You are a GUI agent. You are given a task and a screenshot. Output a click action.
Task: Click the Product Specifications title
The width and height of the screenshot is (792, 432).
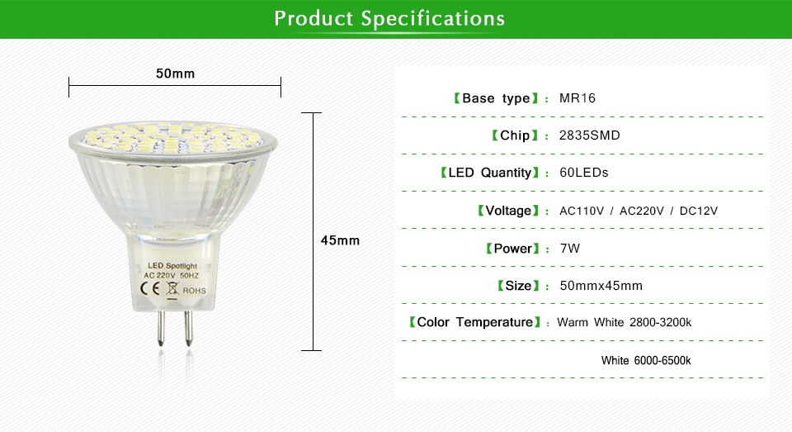point(389,19)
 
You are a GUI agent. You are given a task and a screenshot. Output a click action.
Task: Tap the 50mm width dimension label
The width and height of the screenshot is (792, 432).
point(175,74)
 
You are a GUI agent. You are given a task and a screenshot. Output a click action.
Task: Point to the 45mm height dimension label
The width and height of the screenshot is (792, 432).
point(341,240)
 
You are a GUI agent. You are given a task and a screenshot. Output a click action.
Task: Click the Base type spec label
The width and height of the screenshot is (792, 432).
point(496,98)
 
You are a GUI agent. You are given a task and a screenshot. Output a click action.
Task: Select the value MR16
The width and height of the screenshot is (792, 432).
point(577,98)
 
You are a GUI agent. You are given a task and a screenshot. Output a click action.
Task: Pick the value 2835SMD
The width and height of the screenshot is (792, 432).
point(589,135)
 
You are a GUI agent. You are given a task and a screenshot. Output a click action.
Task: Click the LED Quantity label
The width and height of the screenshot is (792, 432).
point(490,173)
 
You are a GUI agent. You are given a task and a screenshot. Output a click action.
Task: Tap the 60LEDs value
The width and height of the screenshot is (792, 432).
point(584,173)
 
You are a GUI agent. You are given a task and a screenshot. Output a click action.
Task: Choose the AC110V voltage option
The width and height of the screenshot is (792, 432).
point(582,211)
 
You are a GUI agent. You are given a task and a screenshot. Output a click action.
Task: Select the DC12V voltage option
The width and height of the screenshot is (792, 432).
point(699,211)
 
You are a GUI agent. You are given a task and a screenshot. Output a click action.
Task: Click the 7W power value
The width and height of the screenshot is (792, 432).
point(570,249)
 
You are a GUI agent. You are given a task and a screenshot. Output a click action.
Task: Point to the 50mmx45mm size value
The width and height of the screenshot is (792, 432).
point(601,286)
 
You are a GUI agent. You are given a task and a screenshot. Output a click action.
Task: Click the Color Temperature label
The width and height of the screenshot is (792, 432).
point(475,322)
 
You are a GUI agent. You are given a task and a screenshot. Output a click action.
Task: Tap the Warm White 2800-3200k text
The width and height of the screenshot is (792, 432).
point(625,322)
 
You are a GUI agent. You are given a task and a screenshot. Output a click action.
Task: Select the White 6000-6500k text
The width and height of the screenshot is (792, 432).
point(646,361)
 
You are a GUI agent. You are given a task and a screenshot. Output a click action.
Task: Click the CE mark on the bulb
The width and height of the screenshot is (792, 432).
point(150,288)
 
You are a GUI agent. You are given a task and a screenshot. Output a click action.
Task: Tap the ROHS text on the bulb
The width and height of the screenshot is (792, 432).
point(195,291)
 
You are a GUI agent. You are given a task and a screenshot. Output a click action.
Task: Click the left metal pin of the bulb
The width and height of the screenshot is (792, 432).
point(161,328)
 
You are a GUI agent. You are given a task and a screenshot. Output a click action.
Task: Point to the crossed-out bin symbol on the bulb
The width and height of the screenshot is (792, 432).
point(172,290)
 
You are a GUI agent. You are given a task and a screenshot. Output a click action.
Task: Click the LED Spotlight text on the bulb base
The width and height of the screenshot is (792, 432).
point(172,266)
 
